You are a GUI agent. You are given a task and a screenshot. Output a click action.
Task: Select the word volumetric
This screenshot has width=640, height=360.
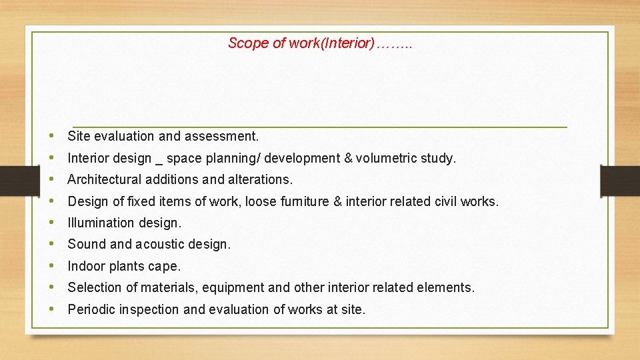(x=386, y=158)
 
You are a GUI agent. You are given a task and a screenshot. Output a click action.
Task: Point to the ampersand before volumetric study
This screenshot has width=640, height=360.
(x=349, y=158)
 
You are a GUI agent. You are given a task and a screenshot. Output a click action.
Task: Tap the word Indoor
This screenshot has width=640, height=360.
(x=86, y=266)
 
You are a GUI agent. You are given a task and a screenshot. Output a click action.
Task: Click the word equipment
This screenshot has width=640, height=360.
(x=233, y=287)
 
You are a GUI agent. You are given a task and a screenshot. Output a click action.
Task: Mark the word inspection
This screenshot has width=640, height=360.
(x=147, y=309)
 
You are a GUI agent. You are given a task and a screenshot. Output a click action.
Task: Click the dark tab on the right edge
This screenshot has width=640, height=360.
(x=619, y=181)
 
